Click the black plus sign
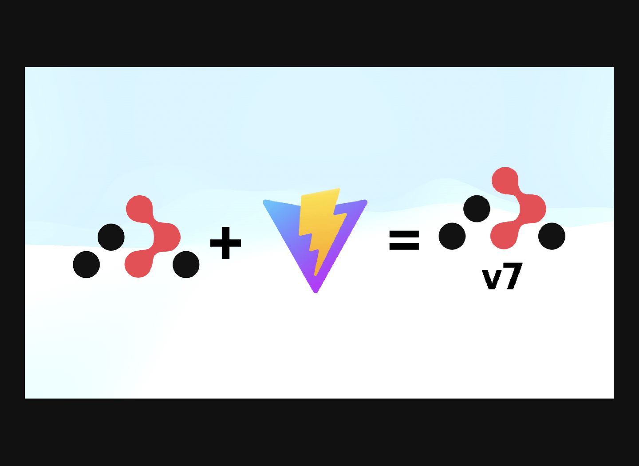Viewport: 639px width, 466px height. pos(225,243)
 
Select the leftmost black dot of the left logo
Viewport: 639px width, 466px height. pos(86,265)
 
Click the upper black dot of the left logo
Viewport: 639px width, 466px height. pos(111,237)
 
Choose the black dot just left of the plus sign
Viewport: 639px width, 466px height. pos(186,265)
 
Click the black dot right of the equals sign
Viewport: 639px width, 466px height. pos(452,236)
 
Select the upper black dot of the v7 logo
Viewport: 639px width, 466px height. pos(477,209)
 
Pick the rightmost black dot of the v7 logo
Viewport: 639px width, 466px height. pos(552,236)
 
